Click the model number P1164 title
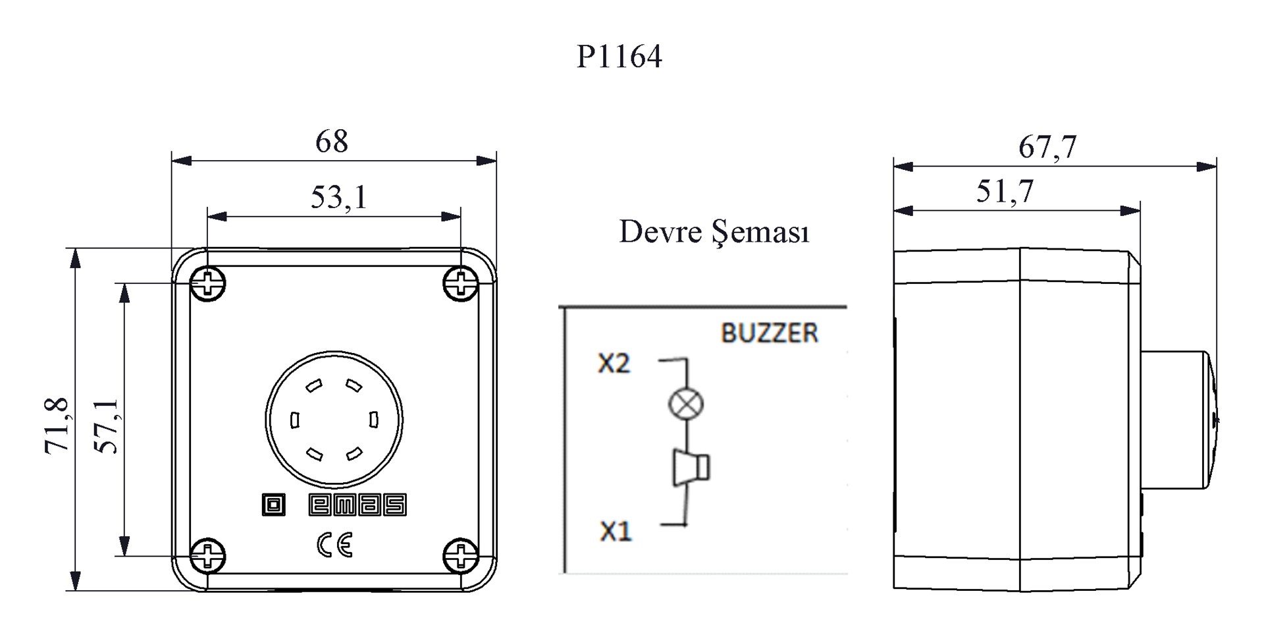click(619, 57)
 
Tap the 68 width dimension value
click(331, 141)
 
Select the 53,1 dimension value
click(338, 196)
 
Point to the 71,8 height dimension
click(57, 425)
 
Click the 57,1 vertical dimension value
click(106, 426)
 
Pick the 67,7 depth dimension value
click(1047, 146)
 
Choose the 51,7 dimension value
click(1005, 191)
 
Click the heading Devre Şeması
click(714, 232)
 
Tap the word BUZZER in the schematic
click(770, 333)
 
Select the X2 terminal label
click(614, 363)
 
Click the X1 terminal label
click(616, 531)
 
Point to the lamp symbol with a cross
click(685, 404)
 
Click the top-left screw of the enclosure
click(208, 285)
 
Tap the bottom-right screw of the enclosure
click(461, 555)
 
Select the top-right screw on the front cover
click(461, 284)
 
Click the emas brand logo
click(357, 505)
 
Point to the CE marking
click(335, 544)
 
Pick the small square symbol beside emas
click(274, 505)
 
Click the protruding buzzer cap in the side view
click(1178, 420)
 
